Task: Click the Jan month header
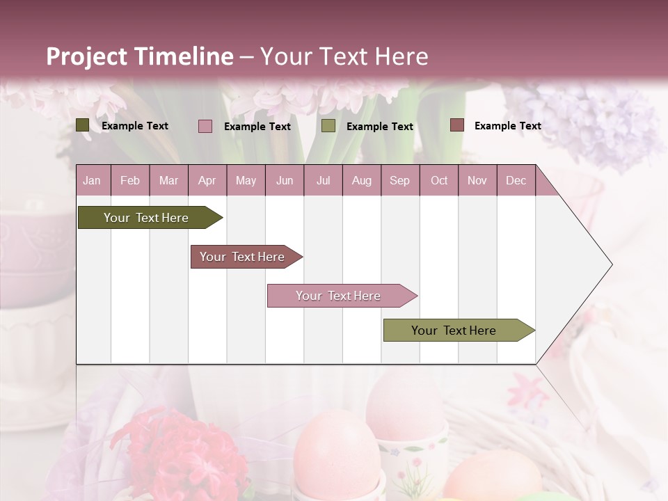coord(93,181)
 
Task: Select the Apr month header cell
coord(207,181)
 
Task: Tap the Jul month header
coord(323,181)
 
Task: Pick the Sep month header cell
coord(400,181)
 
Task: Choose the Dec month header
coord(516,181)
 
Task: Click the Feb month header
coord(130,181)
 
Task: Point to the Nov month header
coord(477,181)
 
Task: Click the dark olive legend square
coord(83,125)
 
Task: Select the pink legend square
coord(205,126)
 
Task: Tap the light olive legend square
coord(328,126)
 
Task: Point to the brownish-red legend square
coord(456,125)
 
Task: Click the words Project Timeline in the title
coord(140,56)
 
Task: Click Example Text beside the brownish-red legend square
coord(507,126)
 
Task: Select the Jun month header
coord(285,181)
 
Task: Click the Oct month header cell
coord(439,181)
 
